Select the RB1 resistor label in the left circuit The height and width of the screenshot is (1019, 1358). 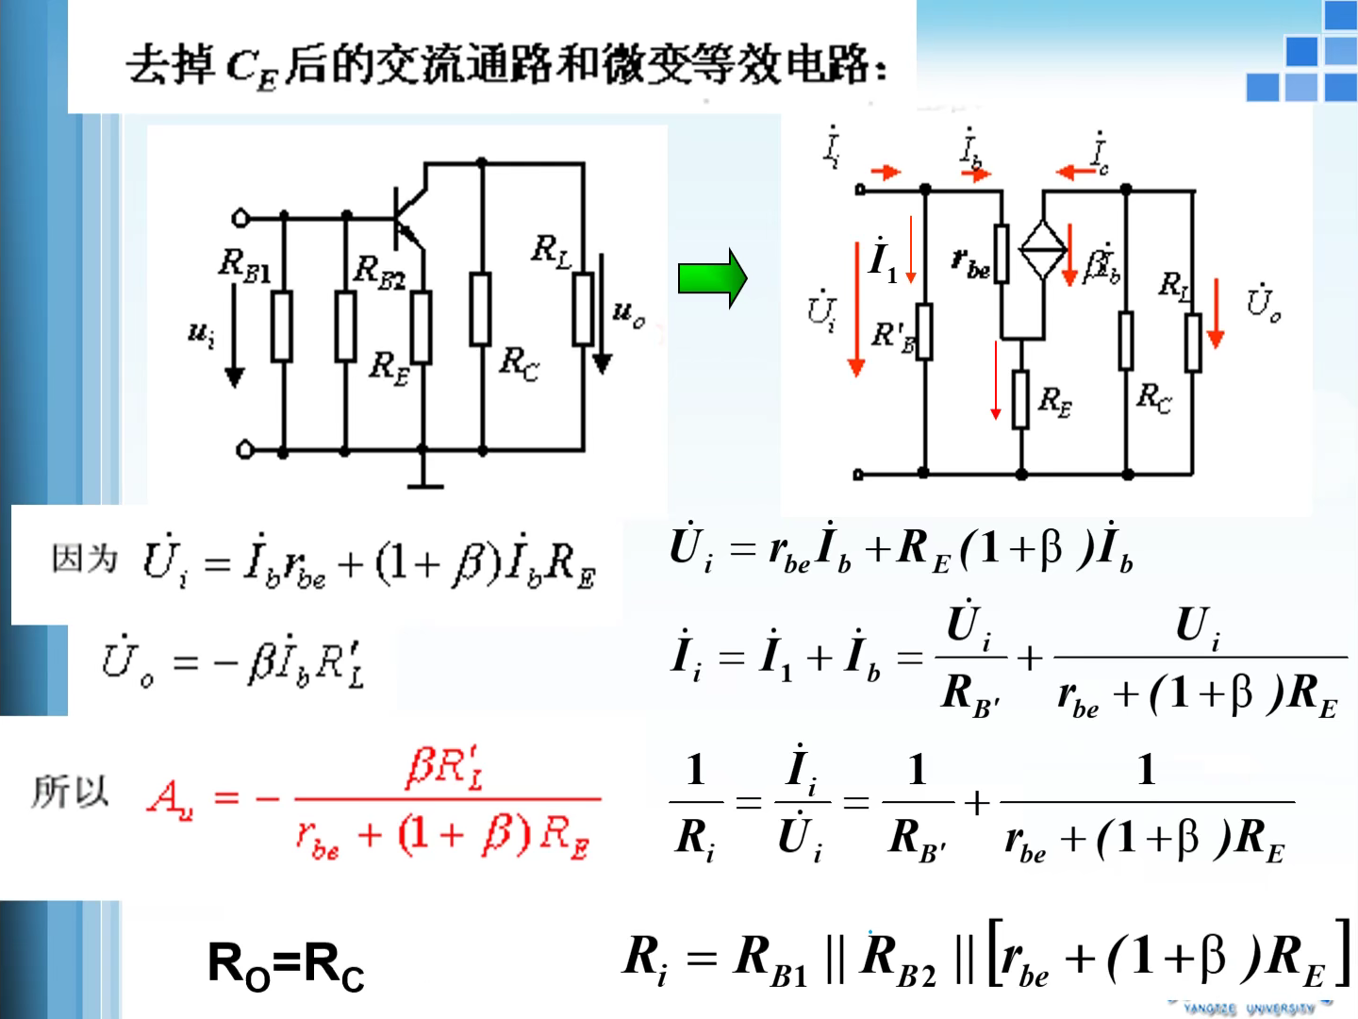[x=244, y=266]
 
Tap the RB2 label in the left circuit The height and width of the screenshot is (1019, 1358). [x=379, y=272]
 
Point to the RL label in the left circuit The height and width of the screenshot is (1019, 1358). [x=551, y=251]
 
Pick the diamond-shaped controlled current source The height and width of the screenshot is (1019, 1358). [x=1043, y=250]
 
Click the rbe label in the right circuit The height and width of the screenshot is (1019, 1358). [x=970, y=264]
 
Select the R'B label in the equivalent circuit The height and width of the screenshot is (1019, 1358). [x=892, y=336]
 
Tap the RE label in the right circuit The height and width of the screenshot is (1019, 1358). [x=1054, y=402]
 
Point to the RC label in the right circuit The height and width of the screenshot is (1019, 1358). [x=1153, y=398]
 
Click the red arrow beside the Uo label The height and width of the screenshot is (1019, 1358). [x=1216, y=313]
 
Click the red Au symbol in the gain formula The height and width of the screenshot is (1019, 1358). [x=171, y=800]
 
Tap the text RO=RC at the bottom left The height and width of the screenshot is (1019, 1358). [x=286, y=966]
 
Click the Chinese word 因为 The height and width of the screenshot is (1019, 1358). [x=85, y=559]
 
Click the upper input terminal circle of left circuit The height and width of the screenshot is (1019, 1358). [x=240, y=219]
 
